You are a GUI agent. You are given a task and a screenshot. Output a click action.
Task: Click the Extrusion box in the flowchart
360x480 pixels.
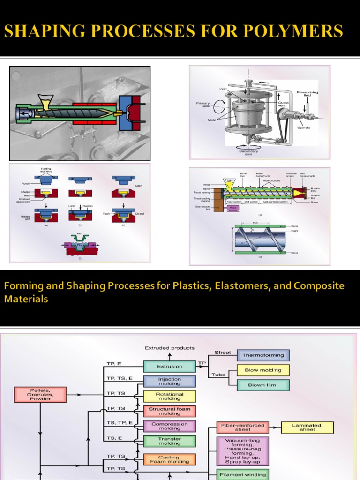(x=169, y=367)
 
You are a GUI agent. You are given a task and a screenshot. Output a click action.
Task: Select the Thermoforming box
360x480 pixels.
(x=263, y=355)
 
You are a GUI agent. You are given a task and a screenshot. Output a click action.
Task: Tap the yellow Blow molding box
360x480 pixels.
(x=263, y=370)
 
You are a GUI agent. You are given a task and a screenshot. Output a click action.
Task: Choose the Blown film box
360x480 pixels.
(x=263, y=385)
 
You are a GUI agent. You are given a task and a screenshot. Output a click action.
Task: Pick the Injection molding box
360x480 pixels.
(x=169, y=381)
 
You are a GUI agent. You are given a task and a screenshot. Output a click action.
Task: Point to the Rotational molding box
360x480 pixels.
(x=169, y=396)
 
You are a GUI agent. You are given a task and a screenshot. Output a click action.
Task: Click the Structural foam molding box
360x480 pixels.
(x=169, y=411)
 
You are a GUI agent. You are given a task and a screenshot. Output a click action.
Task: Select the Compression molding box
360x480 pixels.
(x=169, y=426)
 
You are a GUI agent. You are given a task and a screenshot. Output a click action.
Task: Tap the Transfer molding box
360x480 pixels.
(x=169, y=441)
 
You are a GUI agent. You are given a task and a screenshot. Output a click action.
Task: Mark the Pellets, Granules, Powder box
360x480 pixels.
(x=40, y=395)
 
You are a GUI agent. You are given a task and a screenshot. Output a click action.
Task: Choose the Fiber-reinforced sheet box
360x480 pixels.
(x=242, y=427)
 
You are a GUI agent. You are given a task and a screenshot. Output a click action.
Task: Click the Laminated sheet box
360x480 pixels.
(x=307, y=427)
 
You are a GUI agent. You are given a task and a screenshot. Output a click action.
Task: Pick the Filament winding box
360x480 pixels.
(x=242, y=474)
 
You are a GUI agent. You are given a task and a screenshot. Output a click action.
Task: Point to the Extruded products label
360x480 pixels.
(x=169, y=348)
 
